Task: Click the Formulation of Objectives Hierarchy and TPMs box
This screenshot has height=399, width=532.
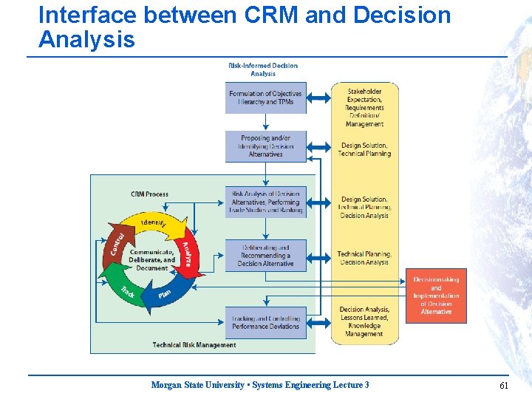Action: [265, 98]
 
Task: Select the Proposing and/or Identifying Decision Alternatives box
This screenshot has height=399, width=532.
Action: [265, 146]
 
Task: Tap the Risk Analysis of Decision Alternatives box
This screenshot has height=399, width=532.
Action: [266, 202]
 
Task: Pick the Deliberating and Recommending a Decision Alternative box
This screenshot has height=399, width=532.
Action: [265, 256]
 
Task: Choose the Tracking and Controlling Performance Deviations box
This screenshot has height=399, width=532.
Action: [265, 323]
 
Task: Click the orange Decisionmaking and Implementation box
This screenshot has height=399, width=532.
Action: [436, 296]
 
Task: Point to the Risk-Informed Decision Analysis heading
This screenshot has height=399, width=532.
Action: [263, 69]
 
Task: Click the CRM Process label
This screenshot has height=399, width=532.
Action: [149, 194]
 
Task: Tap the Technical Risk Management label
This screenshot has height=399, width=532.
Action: [194, 345]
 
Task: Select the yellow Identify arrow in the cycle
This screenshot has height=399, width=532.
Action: [153, 222]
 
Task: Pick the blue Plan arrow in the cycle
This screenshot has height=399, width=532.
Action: [165, 293]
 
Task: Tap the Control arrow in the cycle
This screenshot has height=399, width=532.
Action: [117, 241]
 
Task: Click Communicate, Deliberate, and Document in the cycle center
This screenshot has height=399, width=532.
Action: [152, 259]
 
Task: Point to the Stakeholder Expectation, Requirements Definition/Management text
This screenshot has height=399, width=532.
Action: [364, 108]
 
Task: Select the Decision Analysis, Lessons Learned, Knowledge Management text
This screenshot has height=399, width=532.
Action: [364, 321]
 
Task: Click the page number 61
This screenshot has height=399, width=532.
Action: [504, 385]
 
